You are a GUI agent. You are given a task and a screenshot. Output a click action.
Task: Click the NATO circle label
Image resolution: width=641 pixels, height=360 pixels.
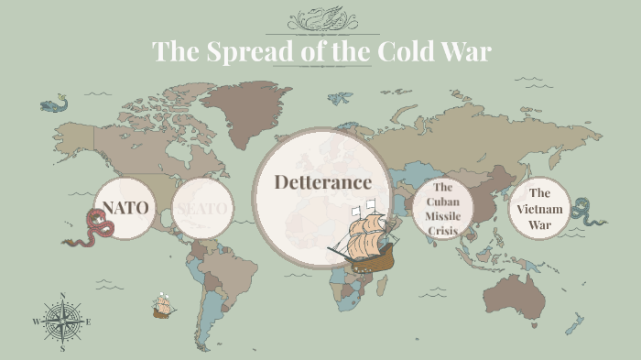(x=125, y=207)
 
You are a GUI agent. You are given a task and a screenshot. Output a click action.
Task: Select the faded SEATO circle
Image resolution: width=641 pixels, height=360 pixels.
(x=201, y=208)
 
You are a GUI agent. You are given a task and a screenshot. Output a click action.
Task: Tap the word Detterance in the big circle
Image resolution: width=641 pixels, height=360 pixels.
(x=322, y=181)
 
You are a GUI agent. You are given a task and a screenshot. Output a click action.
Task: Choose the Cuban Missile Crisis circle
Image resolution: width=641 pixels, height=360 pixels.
(x=442, y=209)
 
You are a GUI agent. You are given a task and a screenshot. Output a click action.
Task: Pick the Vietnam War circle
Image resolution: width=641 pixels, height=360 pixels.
(x=539, y=208)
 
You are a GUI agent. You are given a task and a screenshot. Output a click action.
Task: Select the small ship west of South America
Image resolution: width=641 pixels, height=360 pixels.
(x=164, y=306)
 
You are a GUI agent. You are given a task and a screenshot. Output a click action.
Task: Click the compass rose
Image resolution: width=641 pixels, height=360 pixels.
(x=62, y=322)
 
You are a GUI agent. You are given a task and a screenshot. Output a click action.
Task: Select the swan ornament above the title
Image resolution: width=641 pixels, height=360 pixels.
(x=320, y=19)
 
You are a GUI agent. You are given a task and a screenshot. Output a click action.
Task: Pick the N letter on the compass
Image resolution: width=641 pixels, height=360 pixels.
(x=62, y=296)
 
